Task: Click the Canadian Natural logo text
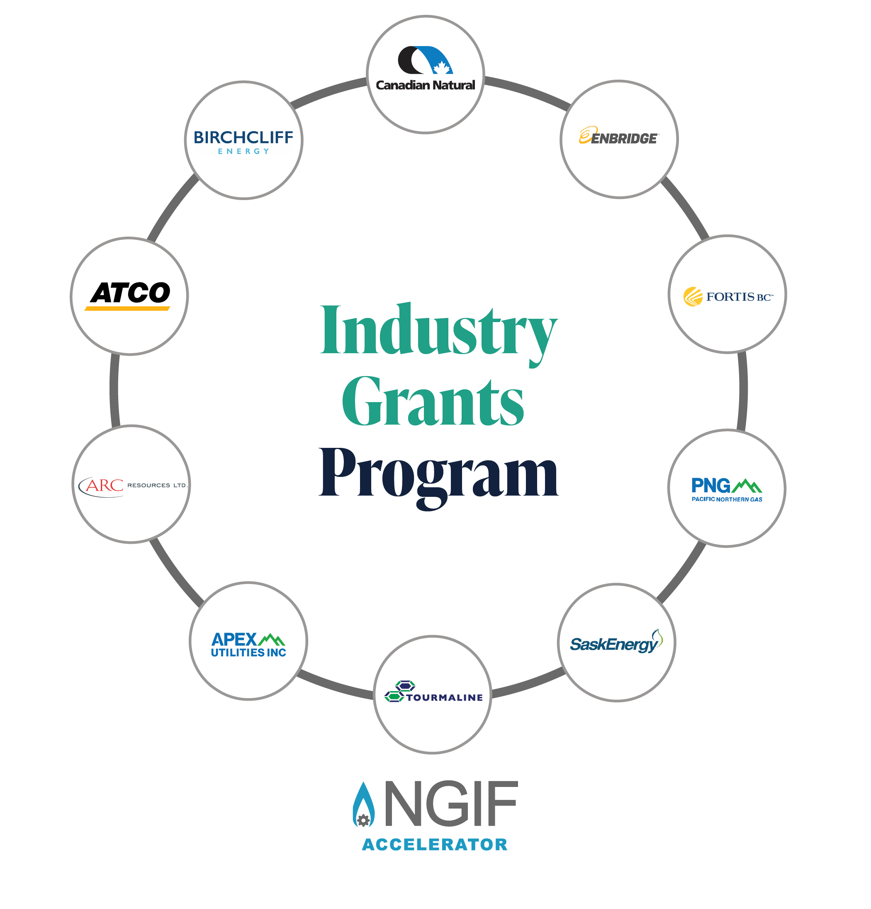click(425, 85)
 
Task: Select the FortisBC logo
click(727, 296)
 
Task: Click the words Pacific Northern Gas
click(726, 499)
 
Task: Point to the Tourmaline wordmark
click(444, 697)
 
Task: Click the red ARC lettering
click(104, 485)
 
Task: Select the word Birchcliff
click(243, 137)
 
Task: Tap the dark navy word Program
click(438, 474)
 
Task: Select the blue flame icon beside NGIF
click(363, 805)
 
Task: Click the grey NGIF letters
click(450, 803)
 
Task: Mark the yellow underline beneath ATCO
click(127, 308)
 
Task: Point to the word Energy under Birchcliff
click(243, 151)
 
